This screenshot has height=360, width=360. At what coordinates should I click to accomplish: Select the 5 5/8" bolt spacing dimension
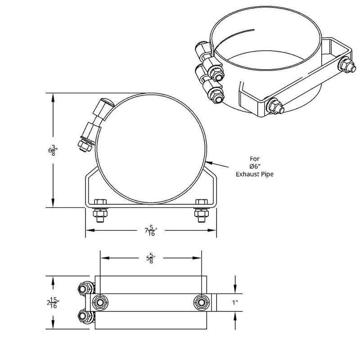pos(150,259)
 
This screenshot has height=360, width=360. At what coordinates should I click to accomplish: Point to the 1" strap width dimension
pos(234,302)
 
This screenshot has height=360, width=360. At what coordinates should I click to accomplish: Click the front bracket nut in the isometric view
pos(274,106)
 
